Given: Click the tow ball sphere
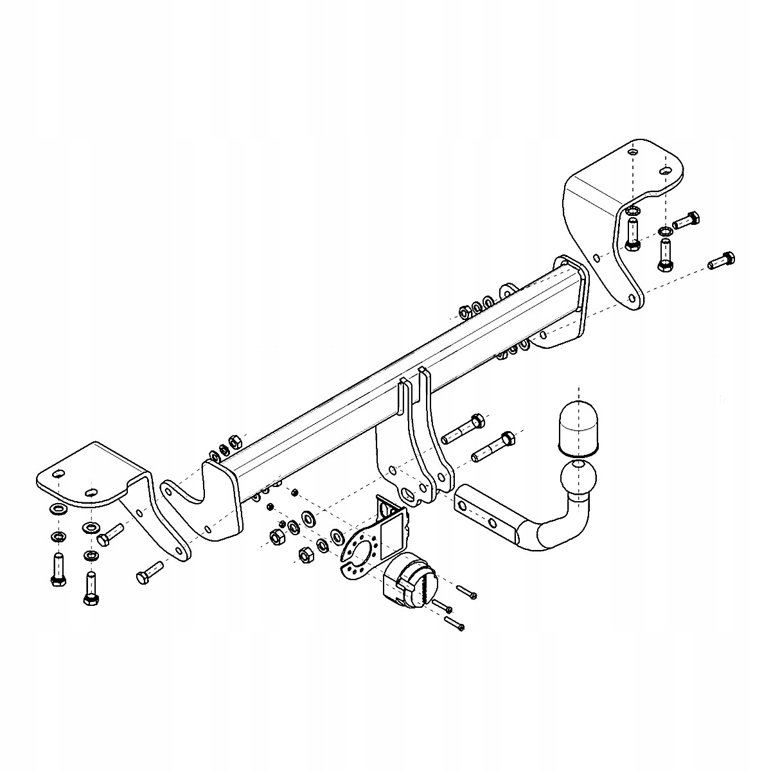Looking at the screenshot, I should [x=578, y=480].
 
